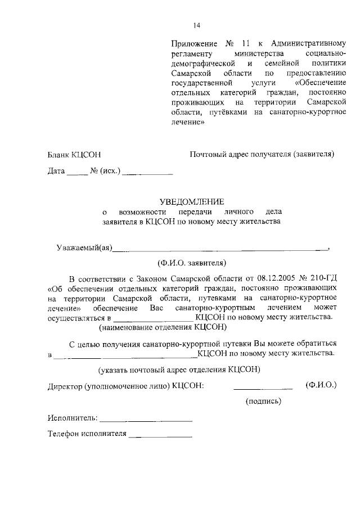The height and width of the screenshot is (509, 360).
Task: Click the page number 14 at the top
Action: pos(196,25)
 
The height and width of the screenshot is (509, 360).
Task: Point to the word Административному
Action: pos(309,43)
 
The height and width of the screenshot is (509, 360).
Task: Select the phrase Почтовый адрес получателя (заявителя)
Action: pos(262,154)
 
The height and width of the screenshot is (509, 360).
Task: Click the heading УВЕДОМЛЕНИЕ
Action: pos(192,201)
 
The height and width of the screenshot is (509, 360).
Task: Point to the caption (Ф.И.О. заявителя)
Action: pos(192,262)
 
